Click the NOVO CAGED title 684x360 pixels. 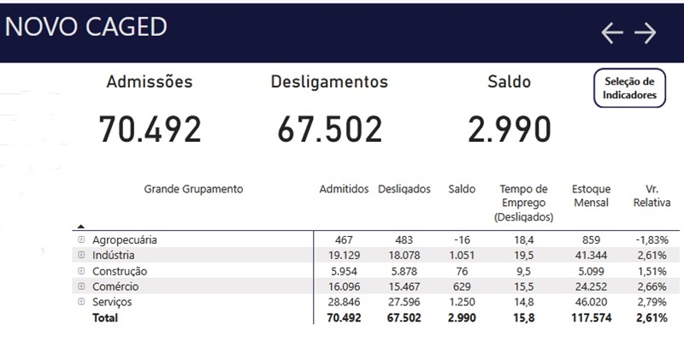(85, 27)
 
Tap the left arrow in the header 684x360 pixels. (612, 32)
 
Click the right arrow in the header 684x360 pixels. (645, 32)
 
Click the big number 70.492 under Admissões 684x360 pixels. (150, 129)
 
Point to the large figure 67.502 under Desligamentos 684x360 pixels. (329, 129)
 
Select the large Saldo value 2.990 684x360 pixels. (509, 129)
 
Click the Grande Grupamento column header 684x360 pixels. (193, 189)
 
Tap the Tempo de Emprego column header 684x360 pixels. (523, 203)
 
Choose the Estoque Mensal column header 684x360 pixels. (591, 196)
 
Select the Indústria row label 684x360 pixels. (114, 256)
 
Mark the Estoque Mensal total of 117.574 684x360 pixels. (590, 318)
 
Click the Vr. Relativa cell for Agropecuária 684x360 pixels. (652, 240)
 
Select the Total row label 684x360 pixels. (105, 318)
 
